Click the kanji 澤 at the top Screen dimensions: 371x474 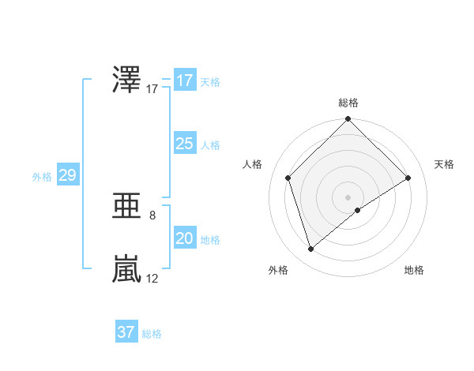coord(127,81)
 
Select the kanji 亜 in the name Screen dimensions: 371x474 coord(127,206)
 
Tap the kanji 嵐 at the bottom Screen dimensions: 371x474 coord(127,269)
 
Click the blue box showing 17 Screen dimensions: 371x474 coord(184,81)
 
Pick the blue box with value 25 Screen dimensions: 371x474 coord(184,144)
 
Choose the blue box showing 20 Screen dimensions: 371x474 coord(184,238)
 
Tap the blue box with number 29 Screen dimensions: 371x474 coord(67,175)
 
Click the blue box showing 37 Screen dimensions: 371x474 coord(126,332)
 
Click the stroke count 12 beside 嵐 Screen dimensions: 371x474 coord(152,278)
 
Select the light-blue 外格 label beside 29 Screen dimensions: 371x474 coord(42,177)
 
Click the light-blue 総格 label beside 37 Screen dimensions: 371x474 coord(152,334)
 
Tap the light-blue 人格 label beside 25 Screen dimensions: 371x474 coord(210,145)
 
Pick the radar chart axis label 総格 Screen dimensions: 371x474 coord(348,103)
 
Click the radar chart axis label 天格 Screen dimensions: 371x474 coord(444,164)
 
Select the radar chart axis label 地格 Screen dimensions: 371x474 coord(414,270)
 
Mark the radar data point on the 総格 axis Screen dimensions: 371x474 coord(348,119)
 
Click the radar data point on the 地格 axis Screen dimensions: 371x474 coord(358,210)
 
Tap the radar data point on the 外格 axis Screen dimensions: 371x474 coord(311,249)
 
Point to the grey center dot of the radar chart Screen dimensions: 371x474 coord(348,197)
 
